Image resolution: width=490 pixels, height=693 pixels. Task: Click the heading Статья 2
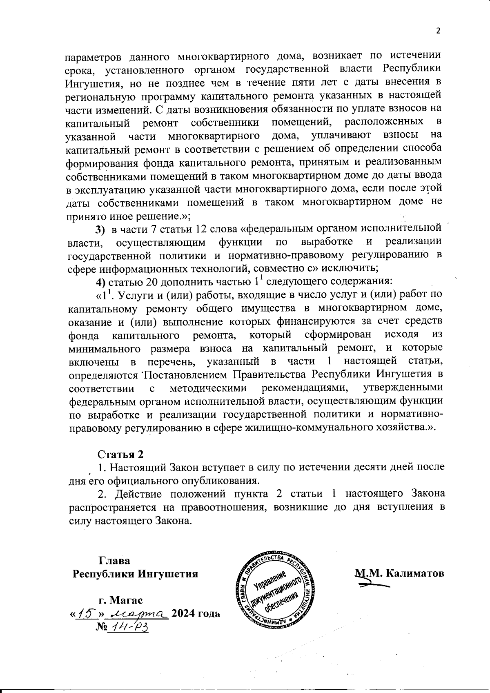pos(121,455)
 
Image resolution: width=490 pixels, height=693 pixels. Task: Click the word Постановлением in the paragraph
pos(186,374)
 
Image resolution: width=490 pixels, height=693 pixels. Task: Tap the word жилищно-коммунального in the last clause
pos(309,428)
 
